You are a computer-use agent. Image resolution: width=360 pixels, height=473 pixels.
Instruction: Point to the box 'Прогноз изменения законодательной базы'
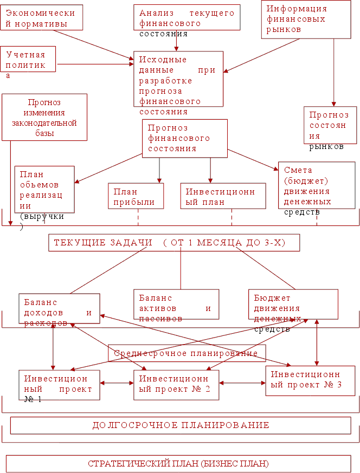coord(44,117)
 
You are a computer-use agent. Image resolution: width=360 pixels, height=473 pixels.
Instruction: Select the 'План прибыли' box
coord(136,196)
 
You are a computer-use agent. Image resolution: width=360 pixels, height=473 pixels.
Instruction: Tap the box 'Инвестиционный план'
coord(223,196)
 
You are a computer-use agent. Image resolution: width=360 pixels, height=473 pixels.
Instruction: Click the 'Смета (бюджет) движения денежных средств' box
coord(317,185)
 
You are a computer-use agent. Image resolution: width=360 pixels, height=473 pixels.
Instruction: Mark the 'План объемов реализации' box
coord(44,189)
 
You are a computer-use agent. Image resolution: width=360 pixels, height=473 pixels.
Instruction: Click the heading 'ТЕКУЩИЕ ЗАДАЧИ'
coord(174,243)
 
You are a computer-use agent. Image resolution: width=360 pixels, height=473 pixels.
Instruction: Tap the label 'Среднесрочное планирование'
coord(187,353)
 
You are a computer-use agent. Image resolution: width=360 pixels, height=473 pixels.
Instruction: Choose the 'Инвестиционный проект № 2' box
coord(176,384)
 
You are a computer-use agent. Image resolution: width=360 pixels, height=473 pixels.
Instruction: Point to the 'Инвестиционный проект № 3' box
coord(310,380)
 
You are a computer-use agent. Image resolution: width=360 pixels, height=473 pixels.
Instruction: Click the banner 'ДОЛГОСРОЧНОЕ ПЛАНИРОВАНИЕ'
coord(181,425)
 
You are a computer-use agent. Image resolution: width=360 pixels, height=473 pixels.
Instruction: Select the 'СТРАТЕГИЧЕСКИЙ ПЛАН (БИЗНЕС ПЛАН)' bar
coord(178,464)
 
